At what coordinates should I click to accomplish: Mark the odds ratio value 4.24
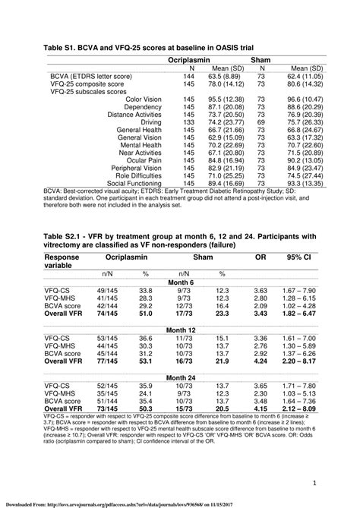261,362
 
